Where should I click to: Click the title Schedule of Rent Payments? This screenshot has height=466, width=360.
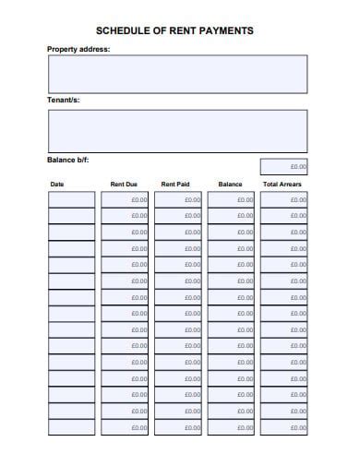[x=174, y=30]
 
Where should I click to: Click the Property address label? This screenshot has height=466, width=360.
[x=78, y=48]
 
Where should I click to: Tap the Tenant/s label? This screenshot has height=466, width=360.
[x=64, y=99]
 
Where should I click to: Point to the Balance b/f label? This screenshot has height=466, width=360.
[x=68, y=160]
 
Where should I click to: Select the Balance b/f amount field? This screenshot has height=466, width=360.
[x=284, y=167]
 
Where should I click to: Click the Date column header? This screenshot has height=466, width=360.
[x=57, y=185]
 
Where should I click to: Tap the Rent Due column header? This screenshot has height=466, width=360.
[x=124, y=185]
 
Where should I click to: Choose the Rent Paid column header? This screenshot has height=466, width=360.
[x=175, y=185]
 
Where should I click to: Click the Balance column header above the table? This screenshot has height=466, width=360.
[x=230, y=185]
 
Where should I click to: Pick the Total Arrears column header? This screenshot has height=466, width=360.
[x=282, y=185]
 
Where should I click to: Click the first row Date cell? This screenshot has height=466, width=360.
[x=71, y=199]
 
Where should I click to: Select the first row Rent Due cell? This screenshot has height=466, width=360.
[x=125, y=199]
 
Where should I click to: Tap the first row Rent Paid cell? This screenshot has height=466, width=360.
[x=177, y=199]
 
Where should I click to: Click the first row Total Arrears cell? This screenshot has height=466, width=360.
[x=284, y=199]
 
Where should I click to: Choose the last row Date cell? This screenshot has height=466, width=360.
[x=71, y=427]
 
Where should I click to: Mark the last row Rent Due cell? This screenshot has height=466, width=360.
[x=125, y=427]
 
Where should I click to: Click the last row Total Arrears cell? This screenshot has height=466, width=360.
[x=284, y=427]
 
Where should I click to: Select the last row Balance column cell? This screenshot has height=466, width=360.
[x=231, y=427]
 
